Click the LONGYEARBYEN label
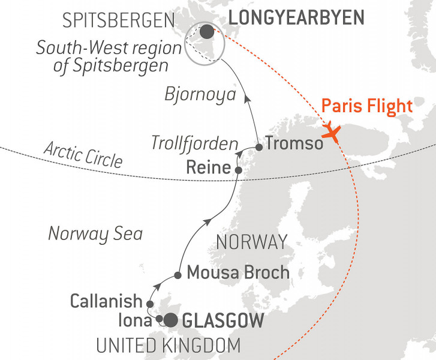click(x=296, y=18)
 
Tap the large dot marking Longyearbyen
click(x=206, y=32)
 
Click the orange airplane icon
click(x=331, y=131)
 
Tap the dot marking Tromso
click(x=258, y=146)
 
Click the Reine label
click(x=208, y=168)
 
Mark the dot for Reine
click(x=238, y=171)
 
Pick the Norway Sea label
click(x=95, y=233)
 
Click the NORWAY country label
click(x=251, y=242)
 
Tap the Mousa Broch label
click(x=238, y=272)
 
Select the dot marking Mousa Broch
click(x=178, y=275)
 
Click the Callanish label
click(x=106, y=301)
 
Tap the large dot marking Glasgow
click(x=171, y=320)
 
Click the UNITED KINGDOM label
click(x=169, y=346)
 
